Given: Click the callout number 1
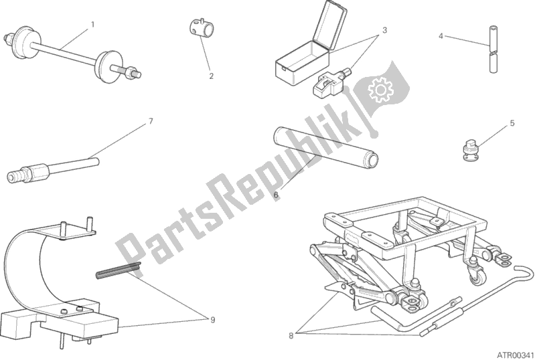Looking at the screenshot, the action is click(x=92, y=25).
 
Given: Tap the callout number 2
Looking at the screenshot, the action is click(x=211, y=76).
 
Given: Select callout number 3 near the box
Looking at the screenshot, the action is click(x=384, y=30).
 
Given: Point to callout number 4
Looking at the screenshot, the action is click(x=441, y=35).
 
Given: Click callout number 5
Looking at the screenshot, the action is click(x=512, y=123).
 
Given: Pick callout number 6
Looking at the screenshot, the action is click(x=276, y=195).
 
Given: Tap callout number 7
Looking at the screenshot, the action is click(x=151, y=121).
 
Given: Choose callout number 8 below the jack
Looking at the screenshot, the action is click(x=291, y=336).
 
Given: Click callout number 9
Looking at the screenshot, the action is click(x=212, y=320).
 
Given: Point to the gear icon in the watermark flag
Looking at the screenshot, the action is click(x=380, y=89).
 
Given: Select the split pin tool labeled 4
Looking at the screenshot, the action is click(x=493, y=49).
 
